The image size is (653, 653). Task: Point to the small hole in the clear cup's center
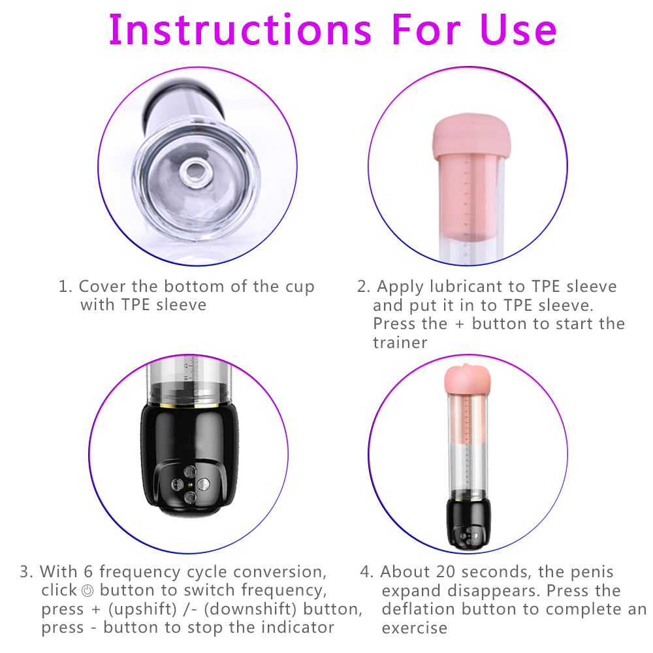[194, 173]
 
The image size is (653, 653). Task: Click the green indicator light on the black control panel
[189, 484]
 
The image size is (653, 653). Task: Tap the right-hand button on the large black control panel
[203, 484]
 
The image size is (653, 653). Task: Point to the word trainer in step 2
[400, 342]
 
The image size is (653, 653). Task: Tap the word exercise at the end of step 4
[415, 628]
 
